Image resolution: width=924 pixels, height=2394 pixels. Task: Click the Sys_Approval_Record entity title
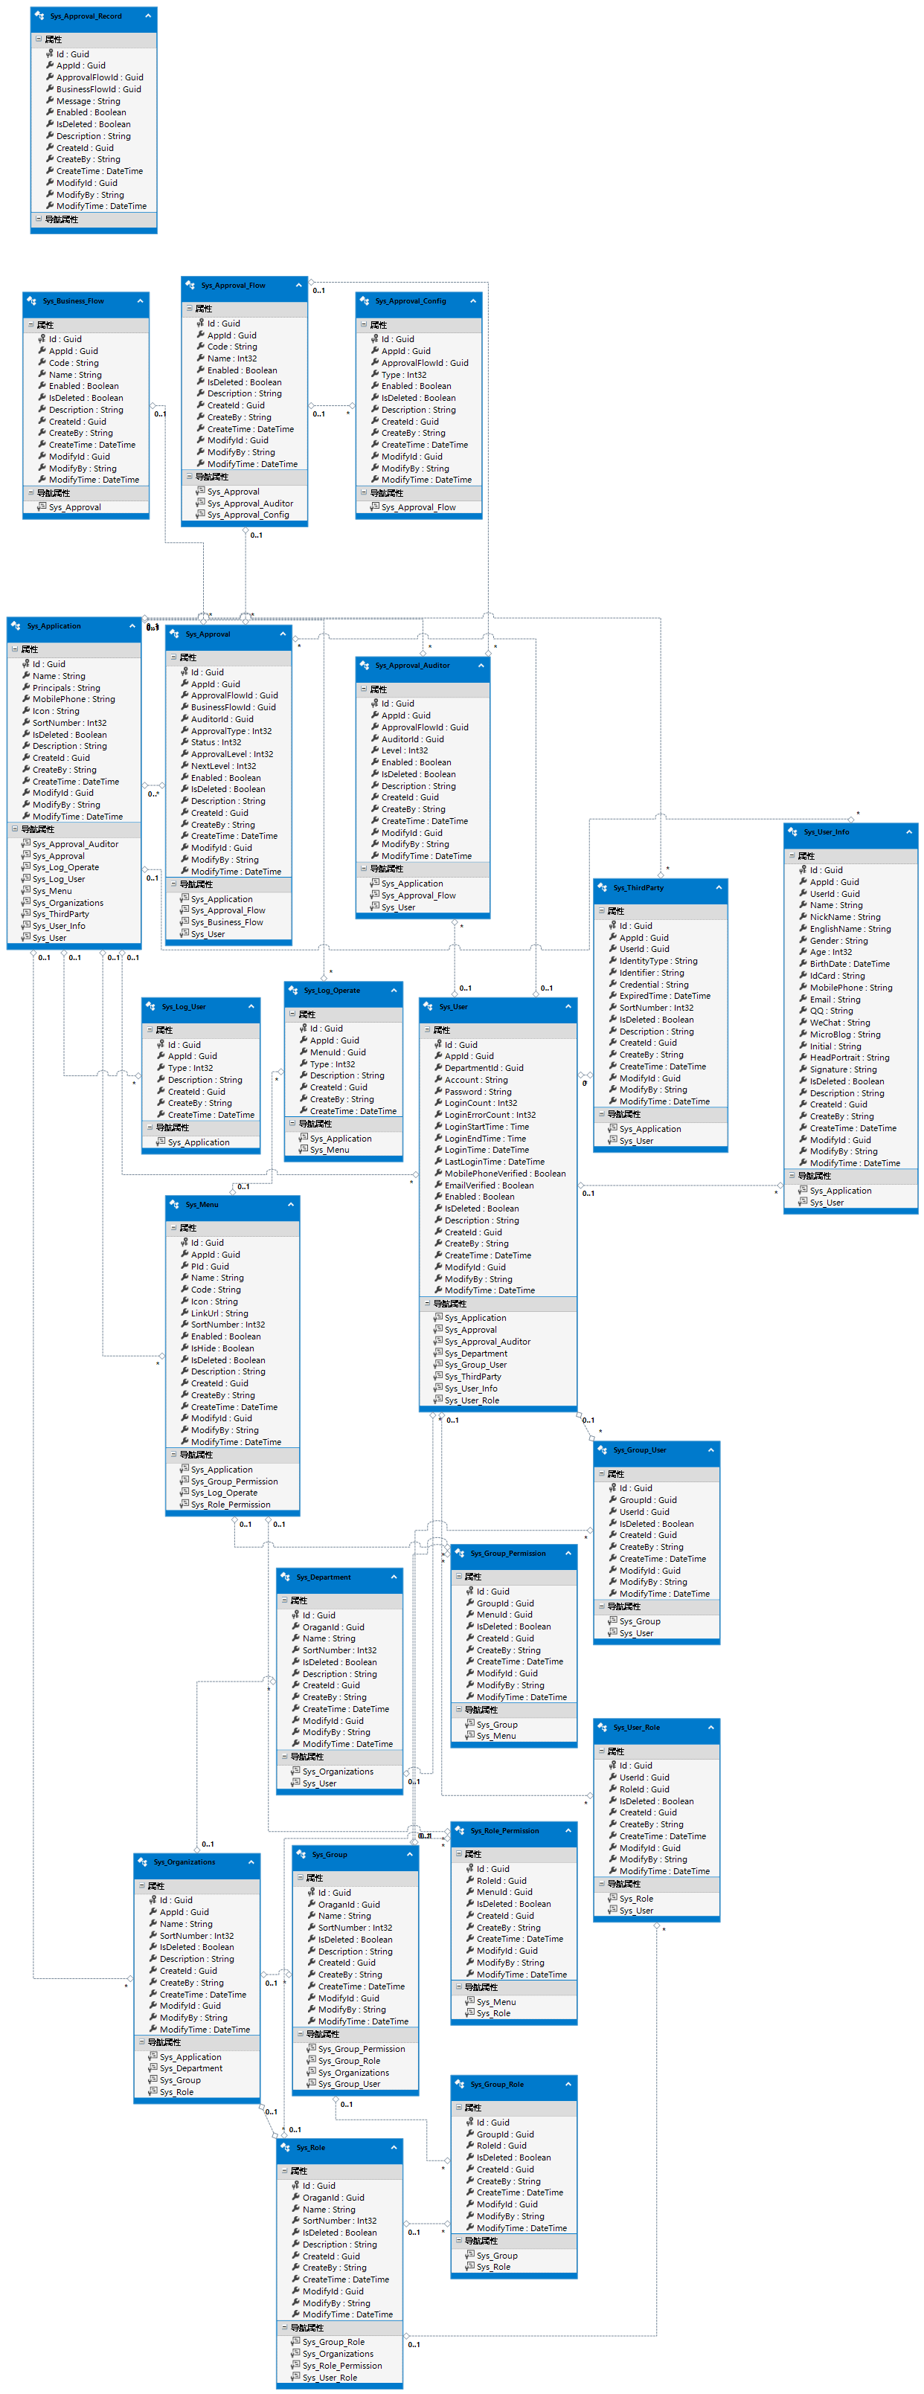click(x=86, y=16)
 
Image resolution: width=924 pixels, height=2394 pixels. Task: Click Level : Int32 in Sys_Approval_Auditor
click(x=405, y=750)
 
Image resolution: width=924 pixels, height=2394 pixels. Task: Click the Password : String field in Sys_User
click(x=478, y=1091)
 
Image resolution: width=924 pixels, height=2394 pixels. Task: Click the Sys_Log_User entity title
click(x=183, y=1006)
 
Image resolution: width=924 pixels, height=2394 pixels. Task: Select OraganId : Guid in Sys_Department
click(x=333, y=1627)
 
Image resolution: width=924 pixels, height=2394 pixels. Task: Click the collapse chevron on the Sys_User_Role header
click(x=711, y=1728)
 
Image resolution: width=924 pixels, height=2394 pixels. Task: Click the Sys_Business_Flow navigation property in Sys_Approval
click(x=227, y=922)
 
